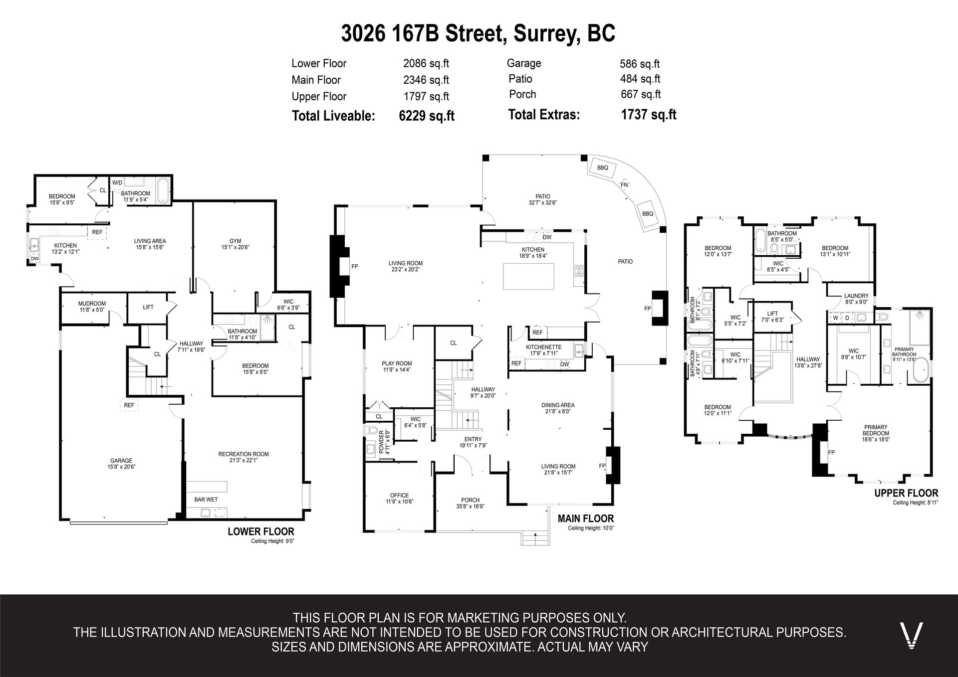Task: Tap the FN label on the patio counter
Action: pyautogui.click(x=624, y=184)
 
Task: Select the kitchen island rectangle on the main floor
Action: pyautogui.click(x=528, y=276)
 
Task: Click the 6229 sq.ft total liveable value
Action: pyautogui.click(x=427, y=116)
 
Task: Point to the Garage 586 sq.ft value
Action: pyautogui.click(x=640, y=64)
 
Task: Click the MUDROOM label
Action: pyautogui.click(x=92, y=304)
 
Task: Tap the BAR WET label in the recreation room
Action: pyautogui.click(x=206, y=500)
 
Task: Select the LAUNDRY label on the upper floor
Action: pyautogui.click(x=857, y=296)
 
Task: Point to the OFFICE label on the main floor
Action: pyautogui.click(x=400, y=496)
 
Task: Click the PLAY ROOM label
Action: pyautogui.click(x=397, y=363)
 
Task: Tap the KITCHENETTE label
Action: pyautogui.click(x=543, y=347)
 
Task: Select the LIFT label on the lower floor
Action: pyautogui.click(x=148, y=307)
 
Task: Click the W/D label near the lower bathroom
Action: pyautogui.click(x=117, y=183)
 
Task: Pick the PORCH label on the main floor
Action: pyautogui.click(x=471, y=500)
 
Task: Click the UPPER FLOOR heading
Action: pyautogui.click(x=906, y=494)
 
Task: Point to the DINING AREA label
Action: pyautogui.click(x=558, y=405)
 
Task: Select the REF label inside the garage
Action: pyautogui.click(x=129, y=405)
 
